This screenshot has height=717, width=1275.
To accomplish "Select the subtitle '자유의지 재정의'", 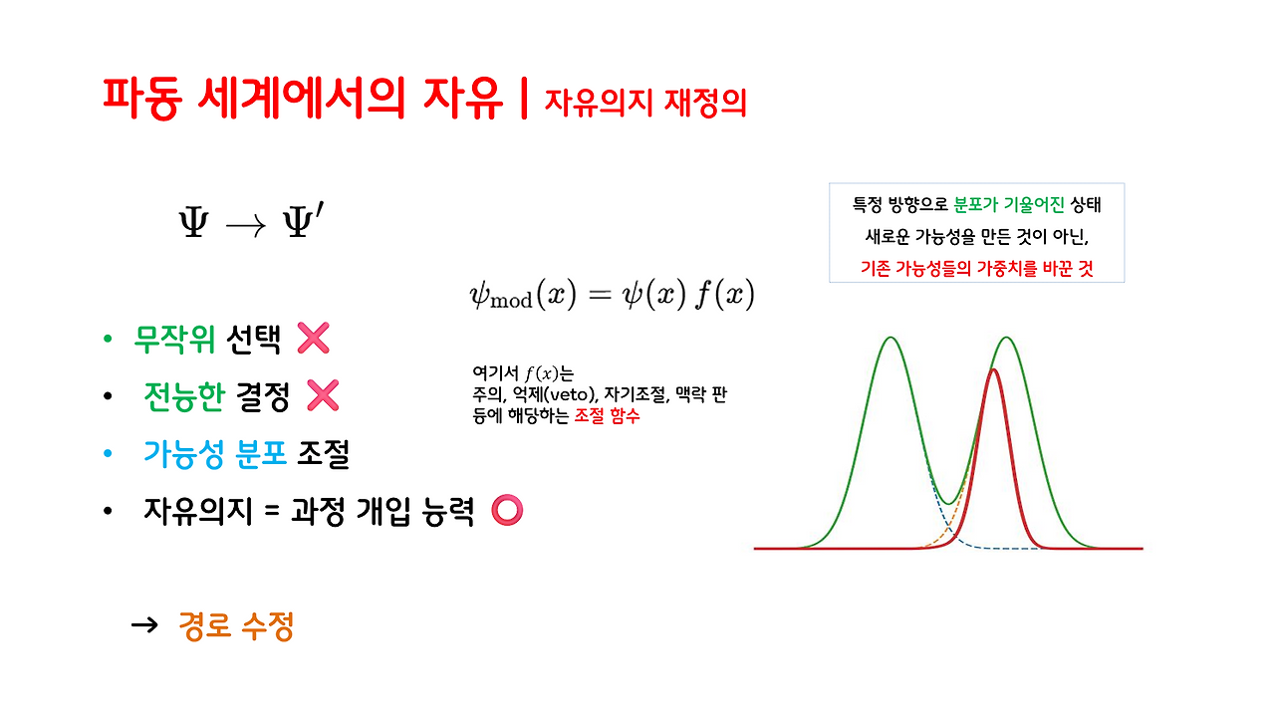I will click(644, 102).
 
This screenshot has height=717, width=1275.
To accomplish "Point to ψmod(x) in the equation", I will click(523, 296).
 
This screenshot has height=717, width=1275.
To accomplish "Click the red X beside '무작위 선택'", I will click(313, 340).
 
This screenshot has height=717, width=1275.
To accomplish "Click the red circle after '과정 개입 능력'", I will click(508, 511).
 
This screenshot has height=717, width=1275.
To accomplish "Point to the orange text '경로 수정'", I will click(236, 626).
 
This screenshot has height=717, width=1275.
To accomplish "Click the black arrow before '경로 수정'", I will click(145, 625).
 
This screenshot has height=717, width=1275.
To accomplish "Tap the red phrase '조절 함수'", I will click(607, 416).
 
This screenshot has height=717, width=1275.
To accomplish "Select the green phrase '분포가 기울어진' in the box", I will click(1009, 205).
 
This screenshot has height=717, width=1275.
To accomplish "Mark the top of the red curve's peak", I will click(993, 370).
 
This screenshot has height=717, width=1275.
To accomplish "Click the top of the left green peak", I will click(892, 338).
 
